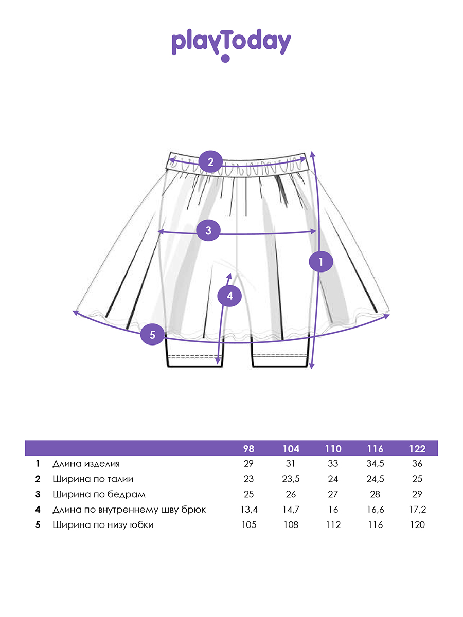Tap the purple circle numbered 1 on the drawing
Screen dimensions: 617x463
321,262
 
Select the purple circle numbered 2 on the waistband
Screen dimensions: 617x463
210,162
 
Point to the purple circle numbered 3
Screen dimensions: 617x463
208,230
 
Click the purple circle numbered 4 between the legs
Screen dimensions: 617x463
229,296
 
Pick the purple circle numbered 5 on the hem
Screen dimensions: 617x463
152,335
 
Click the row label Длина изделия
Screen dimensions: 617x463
86,464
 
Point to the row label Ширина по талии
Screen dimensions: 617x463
93,479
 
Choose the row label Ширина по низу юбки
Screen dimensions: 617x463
103,525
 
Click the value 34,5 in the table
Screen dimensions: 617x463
375,464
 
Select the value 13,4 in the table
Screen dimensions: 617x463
248,510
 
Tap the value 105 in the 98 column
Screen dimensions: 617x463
248,525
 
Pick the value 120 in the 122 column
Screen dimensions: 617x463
417,525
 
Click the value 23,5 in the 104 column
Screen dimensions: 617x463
291,479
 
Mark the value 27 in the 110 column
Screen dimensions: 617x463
333,494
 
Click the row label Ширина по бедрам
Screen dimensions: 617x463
99,494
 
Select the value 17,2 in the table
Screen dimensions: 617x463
417,510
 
